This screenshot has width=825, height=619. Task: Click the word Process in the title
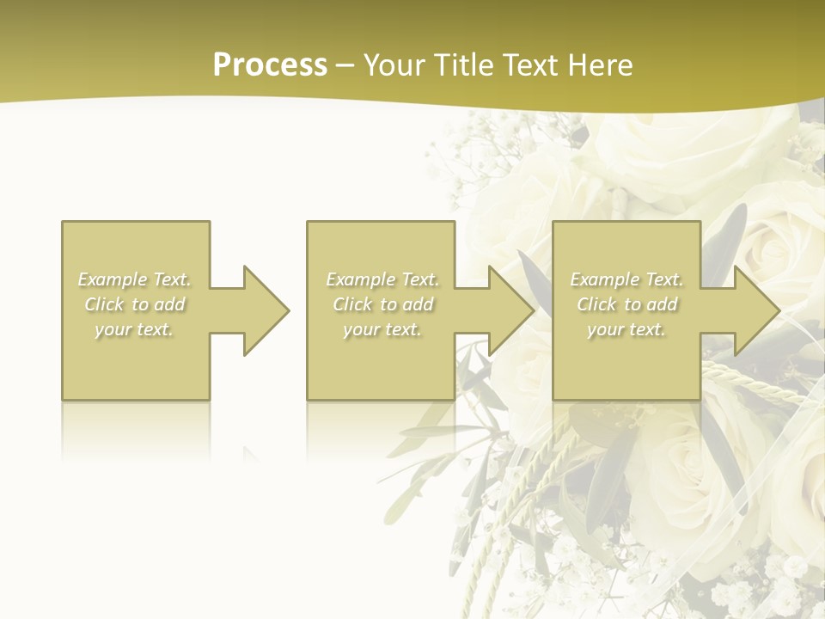tap(270, 65)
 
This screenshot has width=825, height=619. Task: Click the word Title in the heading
tap(461, 65)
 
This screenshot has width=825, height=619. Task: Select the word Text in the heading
tap(529, 65)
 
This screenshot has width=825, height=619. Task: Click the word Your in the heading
tap(394, 65)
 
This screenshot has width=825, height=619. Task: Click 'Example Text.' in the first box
tap(135, 279)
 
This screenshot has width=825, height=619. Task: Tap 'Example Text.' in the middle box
tap(382, 279)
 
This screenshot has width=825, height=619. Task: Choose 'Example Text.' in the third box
tap(626, 279)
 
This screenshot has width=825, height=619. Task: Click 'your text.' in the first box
tap(134, 329)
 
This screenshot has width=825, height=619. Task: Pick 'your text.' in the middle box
tap(382, 329)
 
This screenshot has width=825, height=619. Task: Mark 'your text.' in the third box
tap(626, 329)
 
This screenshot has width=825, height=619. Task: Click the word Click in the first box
tap(104, 304)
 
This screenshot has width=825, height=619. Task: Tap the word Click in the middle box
tap(352, 304)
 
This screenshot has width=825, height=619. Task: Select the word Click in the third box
tap(596, 304)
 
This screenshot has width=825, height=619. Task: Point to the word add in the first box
tap(169, 304)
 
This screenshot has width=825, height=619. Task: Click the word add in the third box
tap(662, 304)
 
